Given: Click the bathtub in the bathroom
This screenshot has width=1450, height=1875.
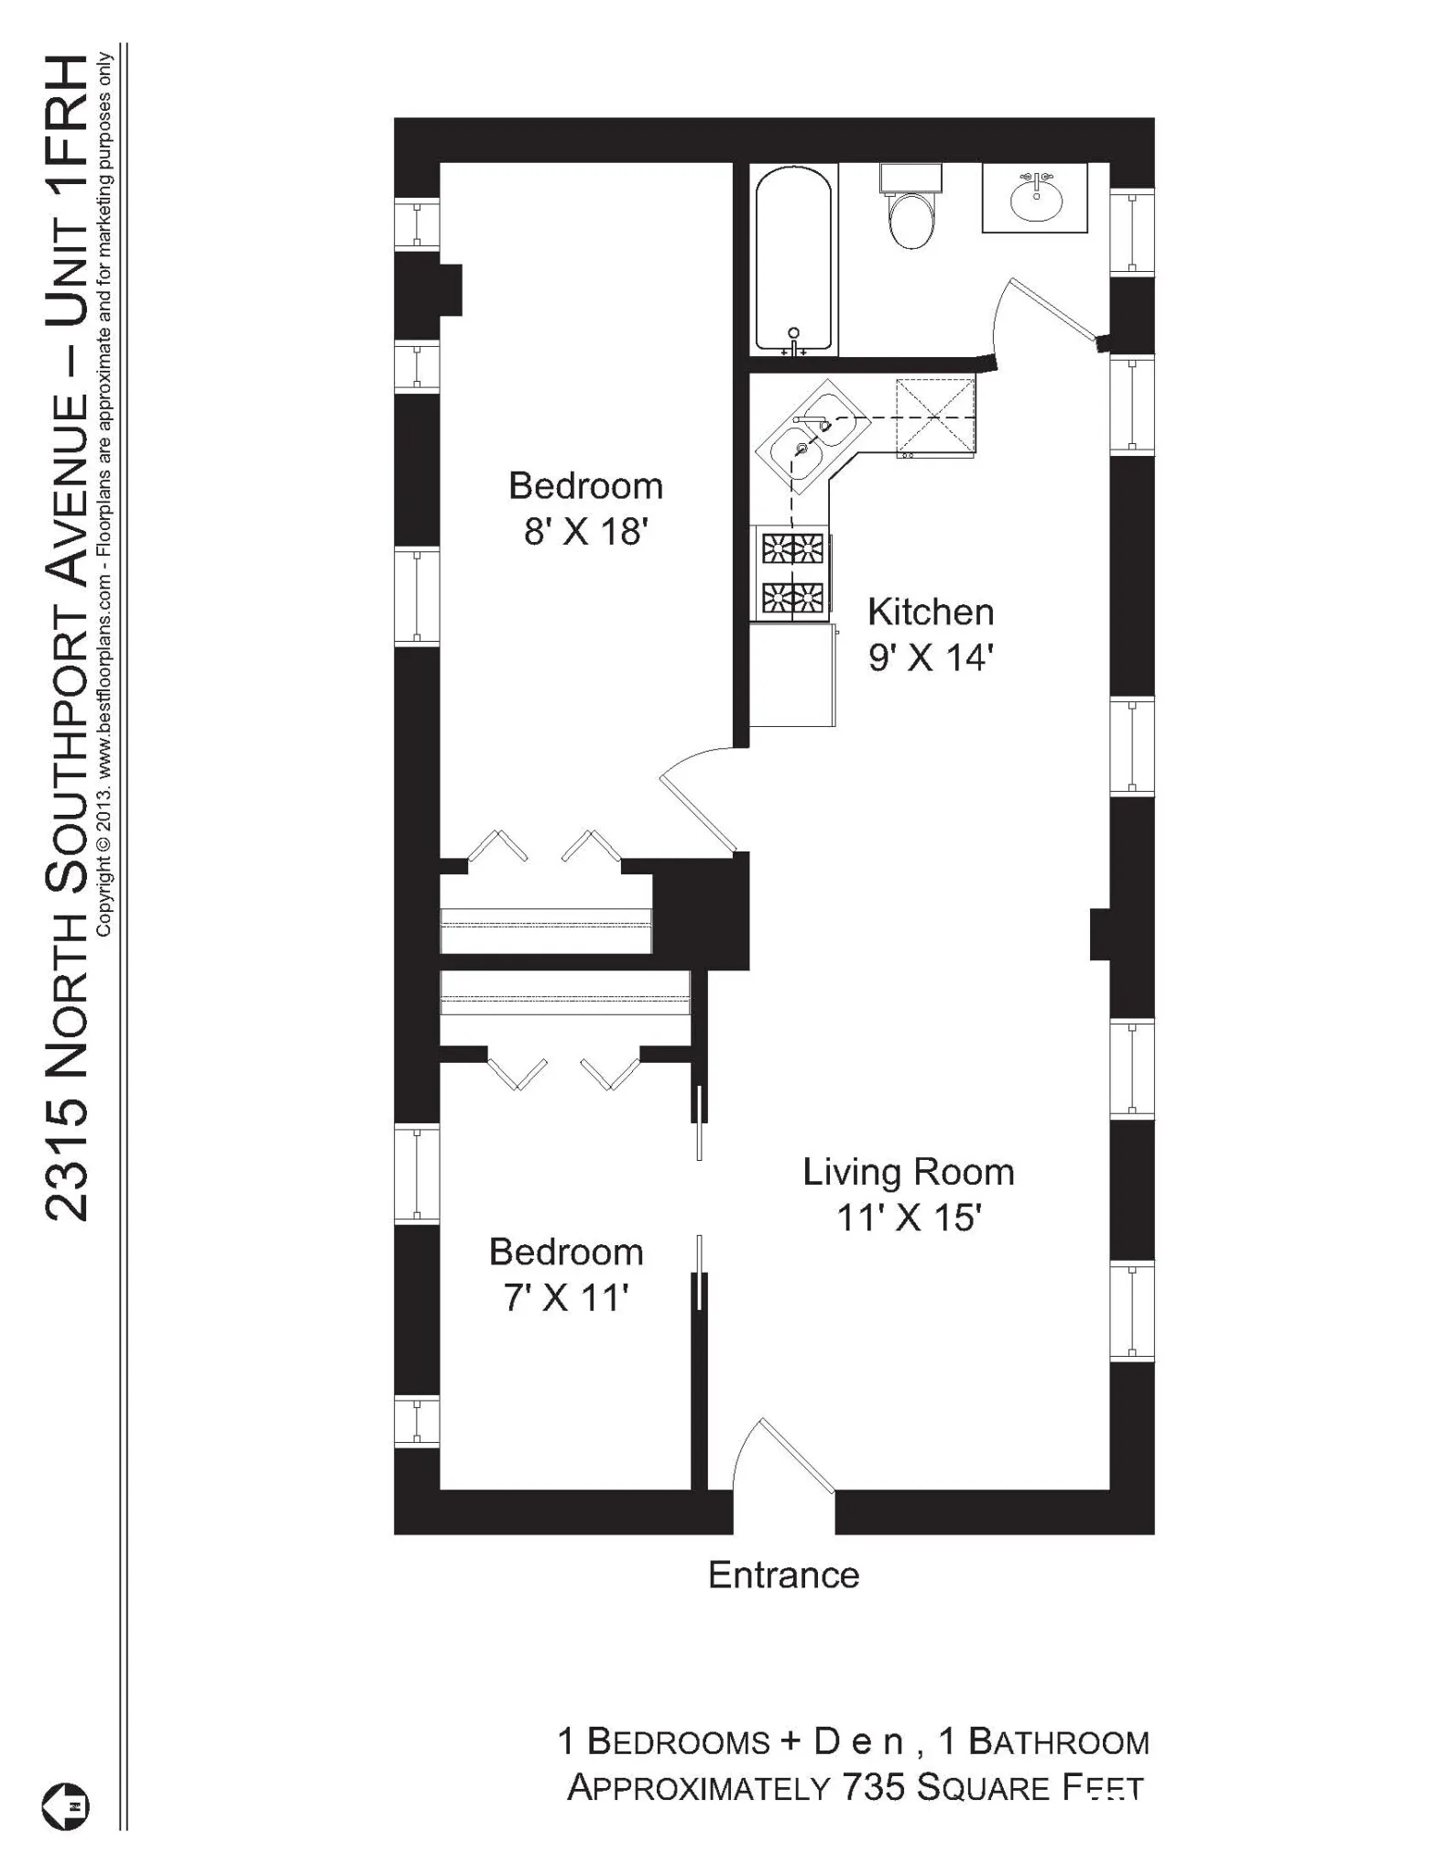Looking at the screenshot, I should click(793, 261).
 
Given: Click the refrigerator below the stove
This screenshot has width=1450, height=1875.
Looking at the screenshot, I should click(791, 675).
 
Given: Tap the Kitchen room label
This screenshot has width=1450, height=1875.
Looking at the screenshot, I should click(930, 612).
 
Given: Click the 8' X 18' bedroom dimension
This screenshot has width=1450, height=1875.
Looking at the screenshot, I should click(585, 531).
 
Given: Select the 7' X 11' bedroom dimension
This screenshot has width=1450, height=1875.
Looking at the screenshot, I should click(565, 1297).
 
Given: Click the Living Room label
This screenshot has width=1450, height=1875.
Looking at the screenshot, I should click(908, 1172).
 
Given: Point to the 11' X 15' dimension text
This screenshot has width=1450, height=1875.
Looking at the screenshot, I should click(908, 1218).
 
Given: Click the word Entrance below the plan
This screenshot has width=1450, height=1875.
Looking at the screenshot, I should click(783, 1575).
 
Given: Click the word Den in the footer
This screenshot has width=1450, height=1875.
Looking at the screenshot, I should click(858, 1741).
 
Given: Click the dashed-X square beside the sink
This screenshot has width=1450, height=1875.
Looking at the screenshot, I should click(935, 416).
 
